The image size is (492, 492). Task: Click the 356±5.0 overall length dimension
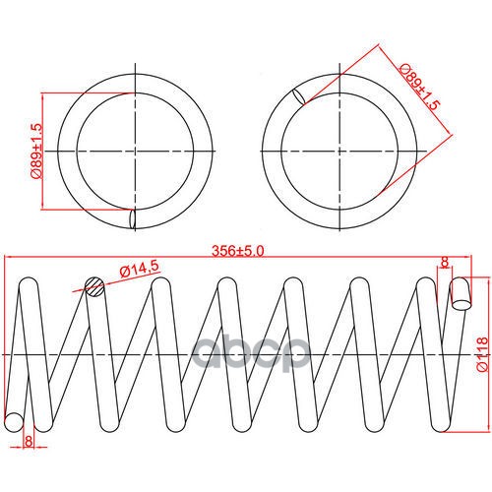coord(237,251)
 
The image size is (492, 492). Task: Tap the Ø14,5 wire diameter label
coord(140,269)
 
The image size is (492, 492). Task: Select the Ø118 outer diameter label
coord(482,354)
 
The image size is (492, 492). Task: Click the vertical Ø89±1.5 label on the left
coord(36,152)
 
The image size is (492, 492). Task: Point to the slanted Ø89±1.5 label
coord(419,87)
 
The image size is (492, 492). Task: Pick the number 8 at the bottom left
coord(29,441)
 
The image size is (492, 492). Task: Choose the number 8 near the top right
coord(445,262)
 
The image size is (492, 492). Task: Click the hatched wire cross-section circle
coord(94,287)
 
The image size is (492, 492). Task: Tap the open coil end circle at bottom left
coord(14,422)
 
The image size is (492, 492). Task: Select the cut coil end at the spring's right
coord(461,294)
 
